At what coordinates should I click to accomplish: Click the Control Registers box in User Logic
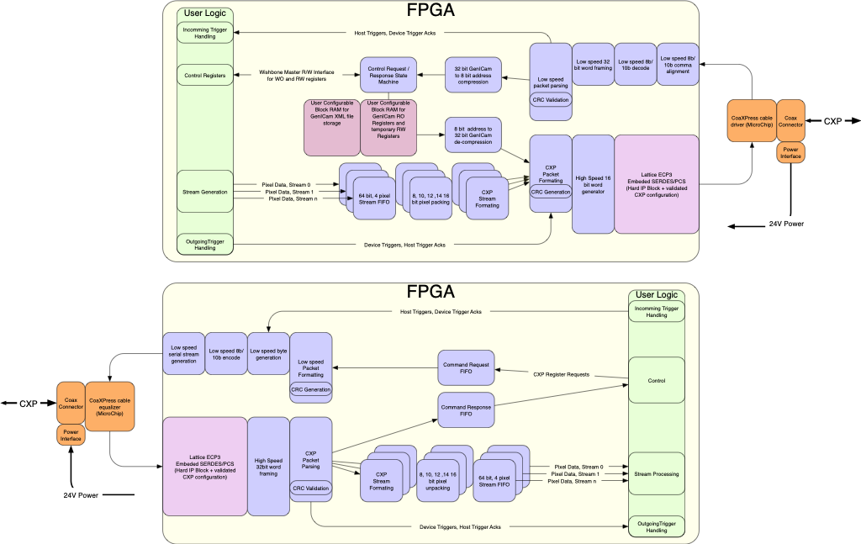[204, 76]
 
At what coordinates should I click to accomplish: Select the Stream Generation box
[204, 192]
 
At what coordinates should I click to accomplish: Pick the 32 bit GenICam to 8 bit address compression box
[473, 76]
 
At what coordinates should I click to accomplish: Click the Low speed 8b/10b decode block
[635, 64]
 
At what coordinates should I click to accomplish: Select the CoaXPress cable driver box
[752, 121]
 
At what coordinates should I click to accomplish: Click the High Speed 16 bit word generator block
[593, 184]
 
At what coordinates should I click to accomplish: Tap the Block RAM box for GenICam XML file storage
[331, 127]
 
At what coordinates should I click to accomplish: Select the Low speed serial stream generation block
[183, 354]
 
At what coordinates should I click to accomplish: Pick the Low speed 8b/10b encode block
[226, 354]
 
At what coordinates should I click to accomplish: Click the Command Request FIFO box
[466, 368]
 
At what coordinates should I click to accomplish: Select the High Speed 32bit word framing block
[268, 466]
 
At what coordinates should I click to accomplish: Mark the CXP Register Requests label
[562, 373]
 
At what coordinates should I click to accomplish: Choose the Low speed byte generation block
[268, 354]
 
